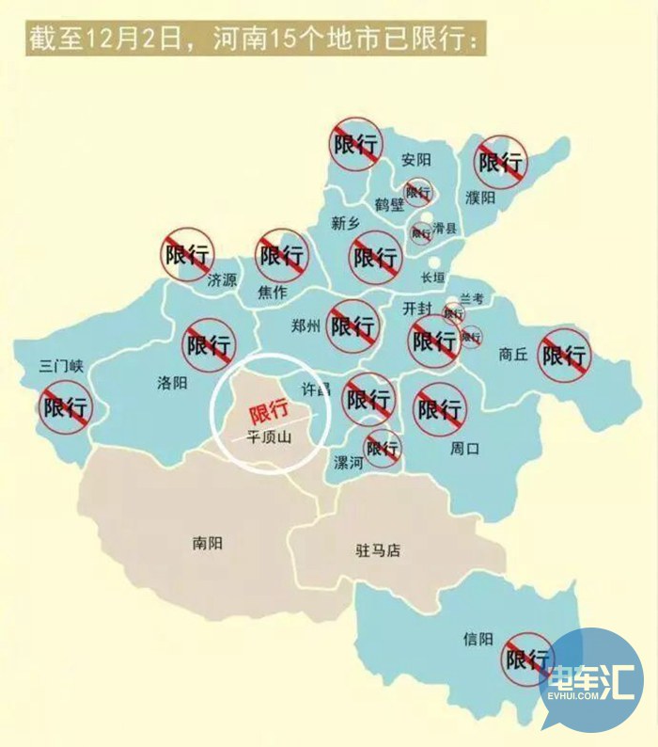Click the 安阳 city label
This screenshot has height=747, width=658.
[x=415, y=159]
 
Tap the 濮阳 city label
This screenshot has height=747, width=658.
[x=479, y=198]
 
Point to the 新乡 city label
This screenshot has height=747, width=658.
[x=346, y=223]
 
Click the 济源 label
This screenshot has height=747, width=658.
[x=223, y=279]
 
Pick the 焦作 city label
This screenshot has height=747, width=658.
[x=272, y=292]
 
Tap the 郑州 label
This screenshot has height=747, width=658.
[x=306, y=326]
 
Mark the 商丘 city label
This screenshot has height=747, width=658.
[x=513, y=355]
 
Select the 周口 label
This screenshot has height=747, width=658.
[x=464, y=449]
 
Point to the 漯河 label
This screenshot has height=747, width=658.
[x=348, y=462]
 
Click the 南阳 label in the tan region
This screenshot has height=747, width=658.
[x=207, y=542]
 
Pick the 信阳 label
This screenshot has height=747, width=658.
[x=478, y=639]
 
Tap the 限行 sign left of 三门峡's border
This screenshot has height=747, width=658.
[x=66, y=407]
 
